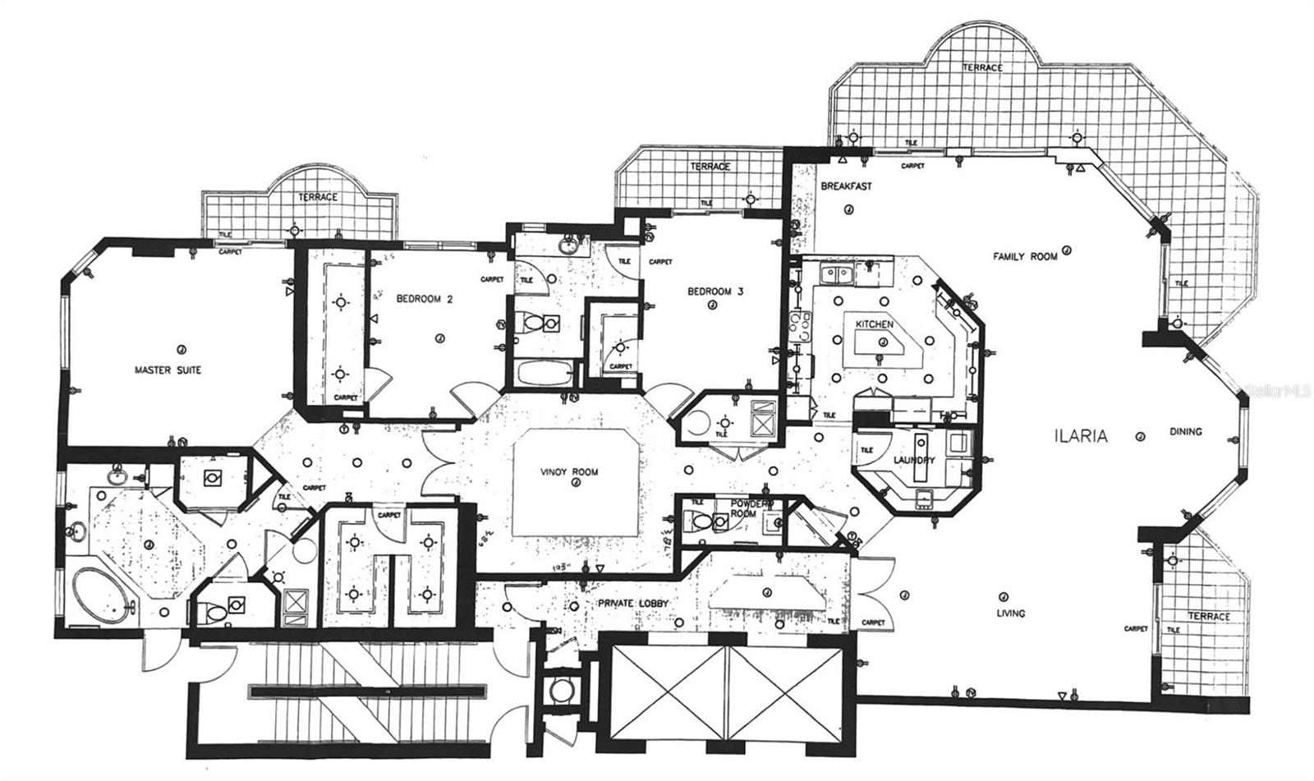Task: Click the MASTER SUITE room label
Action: click(x=167, y=370)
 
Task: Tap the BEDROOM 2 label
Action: click(x=425, y=300)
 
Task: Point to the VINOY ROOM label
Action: click(x=569, y=472)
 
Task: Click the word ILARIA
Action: click(x=1080, y=437)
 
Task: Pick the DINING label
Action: click(x=1185, y=432)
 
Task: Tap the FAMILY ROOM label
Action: click(x=1025, y=257)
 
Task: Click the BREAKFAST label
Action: click(x=847, y=186)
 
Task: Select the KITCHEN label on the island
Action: click(x=874, y=325)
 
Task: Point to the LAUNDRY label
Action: click(x=913, y=461)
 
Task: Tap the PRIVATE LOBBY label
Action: click(x=632, y=604)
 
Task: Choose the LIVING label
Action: click(x=1010, y=613)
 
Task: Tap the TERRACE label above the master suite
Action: click(x=317, y=198)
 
